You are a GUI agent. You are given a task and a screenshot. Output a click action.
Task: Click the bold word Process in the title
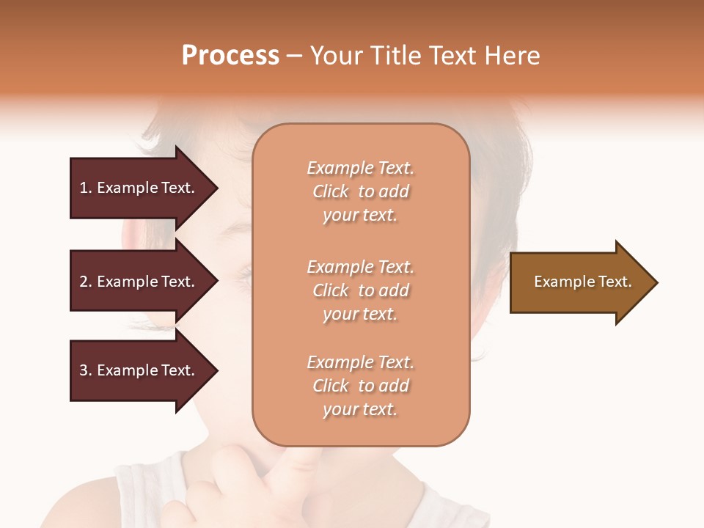point(230,56)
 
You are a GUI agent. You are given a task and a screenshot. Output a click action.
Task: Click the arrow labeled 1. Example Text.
point(139,188)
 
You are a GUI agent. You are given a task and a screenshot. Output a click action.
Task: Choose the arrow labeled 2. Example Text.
point(139,282)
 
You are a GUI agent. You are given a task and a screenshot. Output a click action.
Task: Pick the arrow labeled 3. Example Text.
point(139,370)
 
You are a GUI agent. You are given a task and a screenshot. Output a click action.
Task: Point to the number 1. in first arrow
point(86,188)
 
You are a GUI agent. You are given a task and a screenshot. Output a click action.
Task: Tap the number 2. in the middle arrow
point(86,282)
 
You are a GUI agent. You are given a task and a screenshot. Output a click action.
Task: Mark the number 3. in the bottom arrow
point(86,370)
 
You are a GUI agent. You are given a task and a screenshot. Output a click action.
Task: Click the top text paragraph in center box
point(360,191)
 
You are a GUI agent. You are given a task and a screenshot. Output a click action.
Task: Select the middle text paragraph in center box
point(360,290)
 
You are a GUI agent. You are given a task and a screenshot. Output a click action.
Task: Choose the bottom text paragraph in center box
point(360,386)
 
